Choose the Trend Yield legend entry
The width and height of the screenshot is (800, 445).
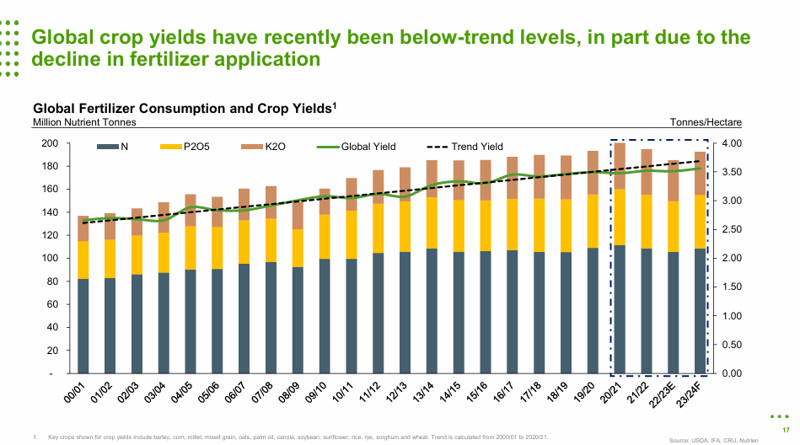pos(465,147)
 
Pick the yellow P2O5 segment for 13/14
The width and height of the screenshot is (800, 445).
pos(432,222)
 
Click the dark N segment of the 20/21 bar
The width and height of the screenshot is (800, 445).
pos(620,309)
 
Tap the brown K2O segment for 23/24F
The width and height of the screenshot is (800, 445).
pos(700,174)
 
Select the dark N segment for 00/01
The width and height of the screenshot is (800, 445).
pos(83,325)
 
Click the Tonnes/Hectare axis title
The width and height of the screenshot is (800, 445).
pos(706,122)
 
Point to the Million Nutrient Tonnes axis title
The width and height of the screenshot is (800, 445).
pos(84,122)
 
